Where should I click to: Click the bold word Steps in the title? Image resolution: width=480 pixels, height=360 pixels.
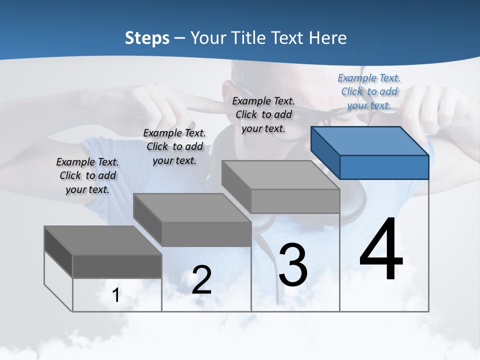pyautogui.click(x=147, y=38)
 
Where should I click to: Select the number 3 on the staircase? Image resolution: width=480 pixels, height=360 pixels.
pyautogui.click(x=293, y=265)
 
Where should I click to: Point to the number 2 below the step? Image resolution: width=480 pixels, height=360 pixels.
pyautogui.click(x=201, y=280)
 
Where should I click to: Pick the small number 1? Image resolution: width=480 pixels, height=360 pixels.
pyautogui.click(x=116, y=295)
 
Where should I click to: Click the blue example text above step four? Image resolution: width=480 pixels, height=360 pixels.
pyautogui.click(x=369, y=91)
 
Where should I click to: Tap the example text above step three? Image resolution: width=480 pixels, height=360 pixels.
pyautogui.click(x=263, y=114)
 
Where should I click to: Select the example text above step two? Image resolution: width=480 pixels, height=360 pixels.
pyautogui.click(x=174, y=146)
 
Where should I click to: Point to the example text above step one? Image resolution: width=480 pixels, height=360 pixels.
pyautogui.click(x=87, y=175)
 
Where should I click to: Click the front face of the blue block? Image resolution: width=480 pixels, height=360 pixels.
pyautogui.click(x=384, y=167)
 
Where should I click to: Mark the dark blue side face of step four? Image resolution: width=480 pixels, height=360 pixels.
pyautogui.click(x=325, y=152)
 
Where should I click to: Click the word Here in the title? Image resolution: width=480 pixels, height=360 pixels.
pyautogui.click(x=328, y=38)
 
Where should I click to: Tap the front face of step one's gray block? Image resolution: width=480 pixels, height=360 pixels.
pyautogui.click(x=117, y=266)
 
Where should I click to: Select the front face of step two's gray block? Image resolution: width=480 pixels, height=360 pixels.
pyautogui.click(x=206, y=234)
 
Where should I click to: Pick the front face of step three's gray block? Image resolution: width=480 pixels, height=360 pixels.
pyautogui.click(x=295, y=201)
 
